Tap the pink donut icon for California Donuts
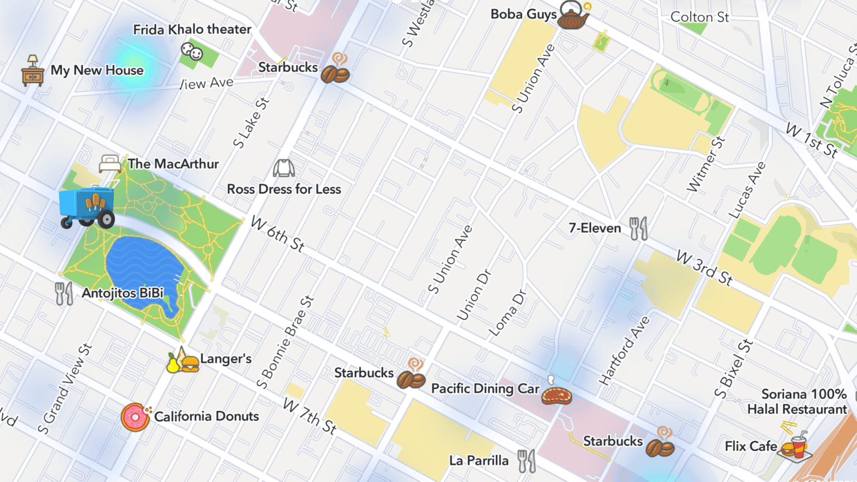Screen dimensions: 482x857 coord(135,417)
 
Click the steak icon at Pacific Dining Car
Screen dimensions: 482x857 coord(556,395)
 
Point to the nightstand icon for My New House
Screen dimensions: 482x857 coord(33,71)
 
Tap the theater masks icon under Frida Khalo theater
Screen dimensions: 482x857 coord(192,52)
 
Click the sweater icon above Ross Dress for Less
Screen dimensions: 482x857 coord(283,168)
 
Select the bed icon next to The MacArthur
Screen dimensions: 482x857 coord(110,163)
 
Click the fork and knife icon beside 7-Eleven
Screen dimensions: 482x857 coord(638,228)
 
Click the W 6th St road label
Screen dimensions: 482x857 coord(277,234)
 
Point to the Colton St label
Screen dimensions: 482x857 coord(699,17)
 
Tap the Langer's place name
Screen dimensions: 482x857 coord(226,359)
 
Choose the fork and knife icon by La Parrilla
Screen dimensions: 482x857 coord(526,461)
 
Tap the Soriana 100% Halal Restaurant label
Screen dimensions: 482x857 coord(797,402)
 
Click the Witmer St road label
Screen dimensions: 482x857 coord(706,165)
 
